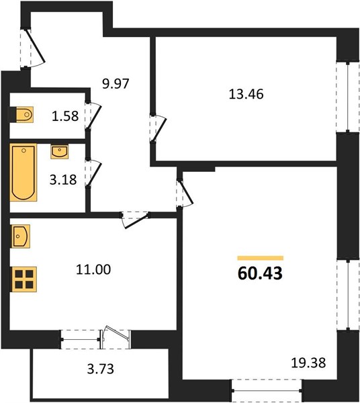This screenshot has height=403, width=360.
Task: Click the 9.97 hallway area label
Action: click(116, 83)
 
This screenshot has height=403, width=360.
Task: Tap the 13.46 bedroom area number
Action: click(246, 94)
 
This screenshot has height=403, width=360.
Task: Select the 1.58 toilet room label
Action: click(65, 116)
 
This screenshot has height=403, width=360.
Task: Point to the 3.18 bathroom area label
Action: click(63, 179)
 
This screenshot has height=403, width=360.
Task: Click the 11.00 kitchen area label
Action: click(93, 269)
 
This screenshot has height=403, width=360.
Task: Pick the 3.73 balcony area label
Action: click(101, 369)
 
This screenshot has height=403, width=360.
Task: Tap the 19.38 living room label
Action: click(308, 363)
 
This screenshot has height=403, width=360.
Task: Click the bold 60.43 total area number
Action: click(260, 273)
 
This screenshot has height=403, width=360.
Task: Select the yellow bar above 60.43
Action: click(261, 258)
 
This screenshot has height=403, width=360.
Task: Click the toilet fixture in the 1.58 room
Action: click(25, 114)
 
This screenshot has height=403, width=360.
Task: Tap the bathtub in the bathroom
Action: click(24, 172)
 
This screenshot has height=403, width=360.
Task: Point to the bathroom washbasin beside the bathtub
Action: click(59, 152)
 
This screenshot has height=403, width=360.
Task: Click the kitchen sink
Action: click(21, 236)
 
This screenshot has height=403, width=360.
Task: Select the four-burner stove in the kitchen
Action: click(24, 279)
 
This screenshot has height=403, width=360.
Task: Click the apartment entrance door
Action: click(33, 49)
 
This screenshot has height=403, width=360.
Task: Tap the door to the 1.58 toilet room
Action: click(93, 116)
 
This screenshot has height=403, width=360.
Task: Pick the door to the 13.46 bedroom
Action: click(159, 128)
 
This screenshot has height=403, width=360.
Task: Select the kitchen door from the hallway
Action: click(135, 220)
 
